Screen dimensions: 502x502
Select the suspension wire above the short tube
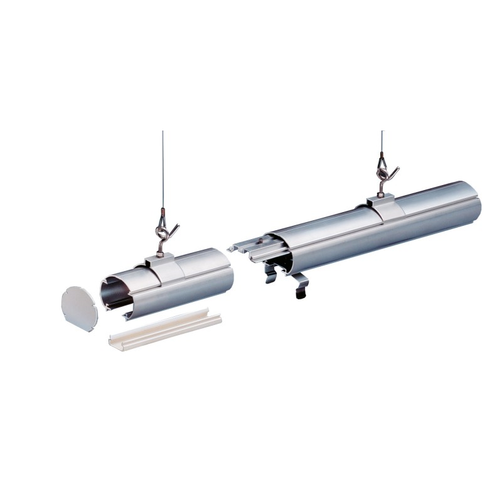click(x=163, y=169)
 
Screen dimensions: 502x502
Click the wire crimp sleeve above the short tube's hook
click(x=163, y=213)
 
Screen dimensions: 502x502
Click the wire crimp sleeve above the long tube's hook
click(x=382, y=154)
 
